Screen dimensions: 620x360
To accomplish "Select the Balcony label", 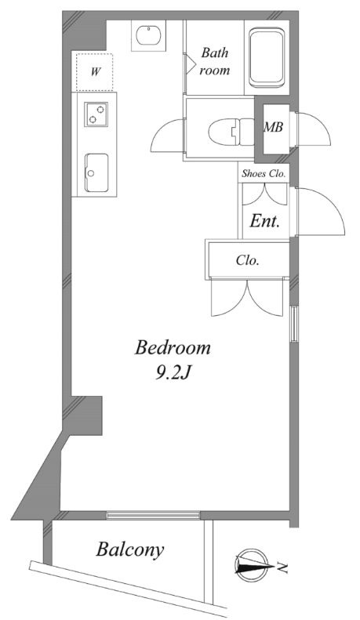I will click(130, 549).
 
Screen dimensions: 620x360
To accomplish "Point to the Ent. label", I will click(265, 222).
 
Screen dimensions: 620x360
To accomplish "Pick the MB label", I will click(273, 127).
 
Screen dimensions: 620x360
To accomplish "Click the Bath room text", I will click(215, 62).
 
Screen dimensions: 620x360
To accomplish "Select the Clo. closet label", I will click(248, 260).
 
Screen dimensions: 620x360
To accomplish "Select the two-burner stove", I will click(96, 114).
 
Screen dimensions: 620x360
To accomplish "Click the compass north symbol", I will click(251, 563).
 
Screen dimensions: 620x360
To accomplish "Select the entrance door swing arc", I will click(319, 210).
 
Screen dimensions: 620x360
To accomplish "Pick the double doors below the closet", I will click(247, 298).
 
